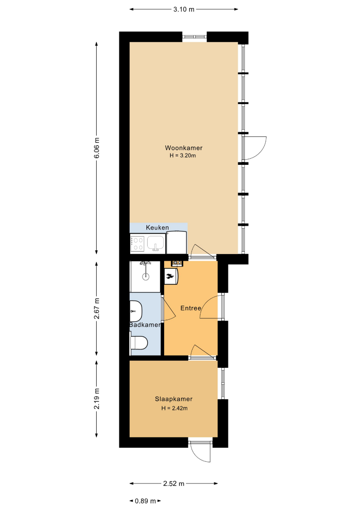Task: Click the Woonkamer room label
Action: (x=184, y=148)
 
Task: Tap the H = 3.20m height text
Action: (x=183, y=155)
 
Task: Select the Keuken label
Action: (x=157, y=227)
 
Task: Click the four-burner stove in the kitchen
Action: (x=137, y=244)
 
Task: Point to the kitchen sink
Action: (x=156, y=243)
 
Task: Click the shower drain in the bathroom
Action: (x=146, y=277)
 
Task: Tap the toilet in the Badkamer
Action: (x=139, y=342)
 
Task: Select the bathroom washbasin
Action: (x=136, y=311)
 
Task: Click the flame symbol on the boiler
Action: (x=169, y=276)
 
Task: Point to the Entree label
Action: (x=191, y=308)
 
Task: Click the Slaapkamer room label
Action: (x=174, y=399)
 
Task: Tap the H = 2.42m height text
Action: (x=175, y=408)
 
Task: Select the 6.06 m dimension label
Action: (x=97, y=148)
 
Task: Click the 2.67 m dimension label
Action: (x=97, y=309)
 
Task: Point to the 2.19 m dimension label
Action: (x=97, y=399)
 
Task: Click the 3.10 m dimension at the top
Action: (x=184, y=9)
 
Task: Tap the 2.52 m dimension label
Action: (x=174, y=484)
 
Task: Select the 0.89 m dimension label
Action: (x=146, y=501)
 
